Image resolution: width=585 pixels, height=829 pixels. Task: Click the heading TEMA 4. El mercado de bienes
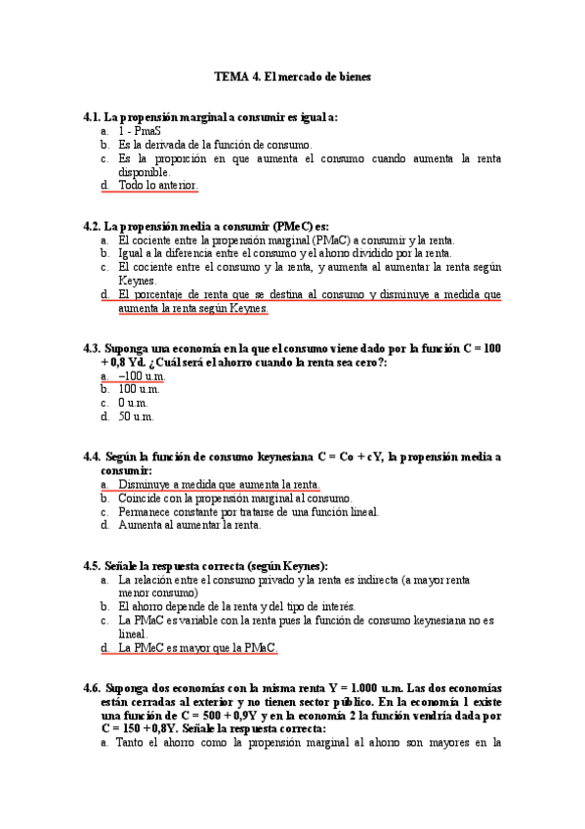pos(292,75)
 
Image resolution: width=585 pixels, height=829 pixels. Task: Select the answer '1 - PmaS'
pos(139,130)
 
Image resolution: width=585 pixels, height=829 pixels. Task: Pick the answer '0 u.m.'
pos(135,403)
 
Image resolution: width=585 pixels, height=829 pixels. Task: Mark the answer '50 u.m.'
pos(138,416)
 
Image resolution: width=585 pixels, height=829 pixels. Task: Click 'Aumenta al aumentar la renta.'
pos(189,525)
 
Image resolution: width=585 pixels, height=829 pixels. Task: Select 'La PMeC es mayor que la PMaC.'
pos(197,647)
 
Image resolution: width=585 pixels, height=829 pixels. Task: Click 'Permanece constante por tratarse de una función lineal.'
pos(248,511)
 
